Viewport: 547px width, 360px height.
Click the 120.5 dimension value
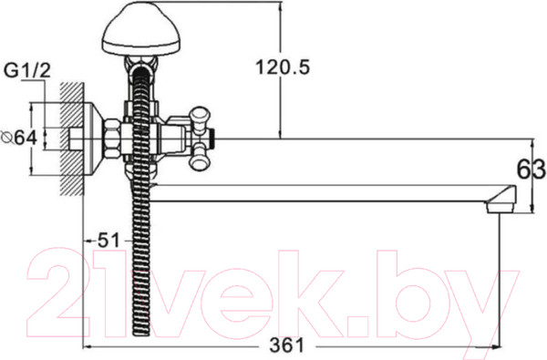point(283,67)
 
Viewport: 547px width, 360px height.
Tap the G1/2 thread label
point(27,71)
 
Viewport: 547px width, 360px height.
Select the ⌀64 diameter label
point(19,138)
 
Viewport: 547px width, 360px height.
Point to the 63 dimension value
point(531,170)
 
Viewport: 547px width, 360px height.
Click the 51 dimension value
point(108,240)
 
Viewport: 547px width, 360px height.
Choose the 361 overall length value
point(287,345)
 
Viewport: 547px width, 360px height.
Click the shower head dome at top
point(141,29)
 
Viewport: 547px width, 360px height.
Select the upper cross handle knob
point(200,116)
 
